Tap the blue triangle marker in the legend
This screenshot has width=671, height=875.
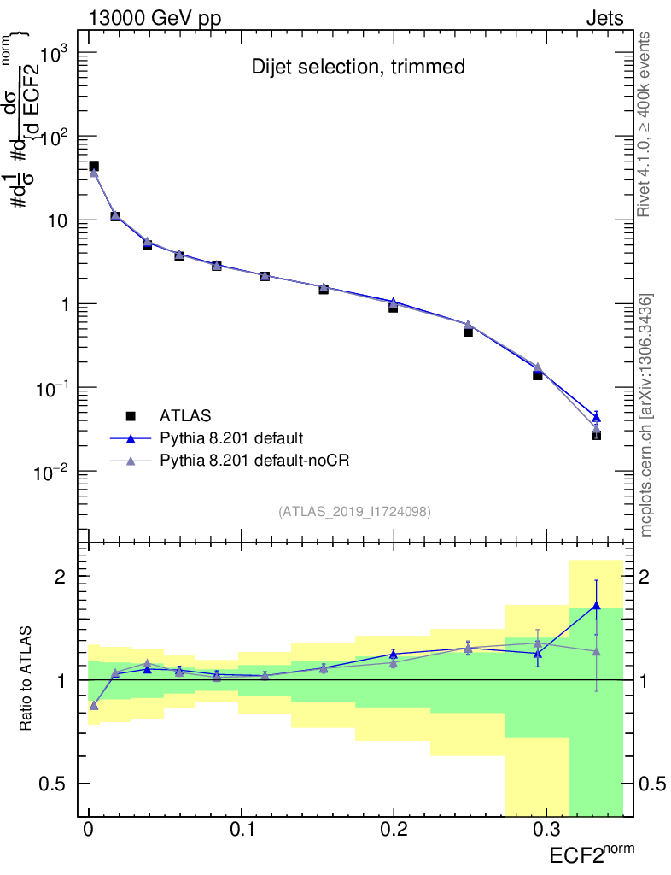tap(131, 438)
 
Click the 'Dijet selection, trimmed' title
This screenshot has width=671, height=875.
tap(358, 67)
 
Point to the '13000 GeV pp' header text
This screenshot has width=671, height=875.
tap(155, 17)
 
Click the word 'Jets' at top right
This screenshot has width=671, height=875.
tap(604, 17)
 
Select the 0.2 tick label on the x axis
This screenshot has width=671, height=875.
tap(393, 831)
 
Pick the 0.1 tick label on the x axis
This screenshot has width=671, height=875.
tap(241, 831)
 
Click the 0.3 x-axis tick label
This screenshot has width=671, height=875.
tap(545, 831)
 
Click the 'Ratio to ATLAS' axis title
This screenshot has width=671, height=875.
tap(26, 679)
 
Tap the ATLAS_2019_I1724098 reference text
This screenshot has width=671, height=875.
tap(354, 512)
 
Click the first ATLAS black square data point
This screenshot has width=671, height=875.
tap(94, 167)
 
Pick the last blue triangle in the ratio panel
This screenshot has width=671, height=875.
tap(596, 606)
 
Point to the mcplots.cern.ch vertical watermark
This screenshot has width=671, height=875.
tap(646, 415)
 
